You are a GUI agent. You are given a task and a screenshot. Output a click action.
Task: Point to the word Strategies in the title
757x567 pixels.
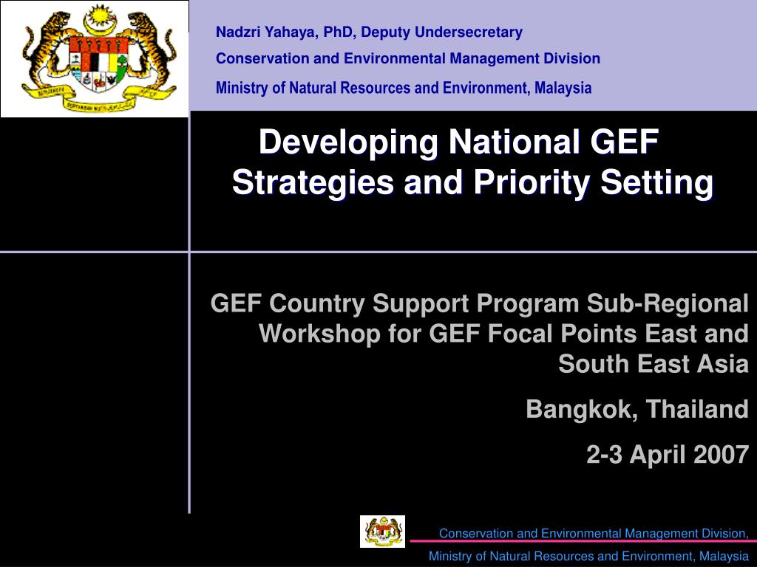pos(313,183)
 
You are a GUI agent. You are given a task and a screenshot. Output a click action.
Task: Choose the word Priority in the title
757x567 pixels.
pos(531,183)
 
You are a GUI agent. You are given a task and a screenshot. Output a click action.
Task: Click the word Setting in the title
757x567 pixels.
pos(656,183)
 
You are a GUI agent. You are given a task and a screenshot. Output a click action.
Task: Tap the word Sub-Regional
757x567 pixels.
pos(668,303)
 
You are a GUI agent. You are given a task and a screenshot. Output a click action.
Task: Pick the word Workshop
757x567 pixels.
pos(319,334)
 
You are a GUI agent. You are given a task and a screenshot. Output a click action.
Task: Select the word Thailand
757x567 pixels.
pos(697,409)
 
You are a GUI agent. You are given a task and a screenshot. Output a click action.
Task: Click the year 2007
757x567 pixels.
pos(722,455)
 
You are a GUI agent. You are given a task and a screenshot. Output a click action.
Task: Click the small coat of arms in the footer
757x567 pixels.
pos(382,532)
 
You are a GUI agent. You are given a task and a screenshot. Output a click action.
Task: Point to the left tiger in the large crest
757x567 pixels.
pos(47,53)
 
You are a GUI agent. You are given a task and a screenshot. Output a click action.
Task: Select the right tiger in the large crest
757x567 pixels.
pos(149,53)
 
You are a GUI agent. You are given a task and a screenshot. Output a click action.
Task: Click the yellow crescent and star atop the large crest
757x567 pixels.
pos(101,20)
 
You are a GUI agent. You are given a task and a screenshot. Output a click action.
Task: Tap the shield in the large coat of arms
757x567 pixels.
pos(99,63)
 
